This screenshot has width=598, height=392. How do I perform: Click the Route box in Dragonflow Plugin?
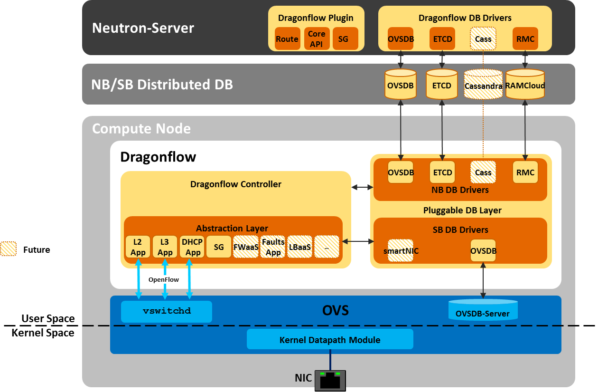(x=287, y=39)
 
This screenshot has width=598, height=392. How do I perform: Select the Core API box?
(x=317, y=39)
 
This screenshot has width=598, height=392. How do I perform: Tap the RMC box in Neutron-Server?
(x=525, y=39)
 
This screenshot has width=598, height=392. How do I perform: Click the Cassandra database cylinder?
(x=483, y=85)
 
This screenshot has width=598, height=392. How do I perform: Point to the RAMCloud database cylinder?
(x=525, y=85)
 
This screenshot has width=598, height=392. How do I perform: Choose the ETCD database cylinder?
(x=442, y=85)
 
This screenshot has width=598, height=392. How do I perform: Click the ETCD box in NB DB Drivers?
(x=442, y=172)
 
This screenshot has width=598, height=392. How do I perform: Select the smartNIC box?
(x=401, y=250)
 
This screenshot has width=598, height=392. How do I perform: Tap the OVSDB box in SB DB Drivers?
(x=483, y=250)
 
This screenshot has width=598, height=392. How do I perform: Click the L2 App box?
(x=138, y=247)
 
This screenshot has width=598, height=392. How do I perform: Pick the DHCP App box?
(x=192, y=247)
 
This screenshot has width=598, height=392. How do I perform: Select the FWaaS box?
(x=246, y=247)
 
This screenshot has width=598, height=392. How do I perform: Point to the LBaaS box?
(x=300, y=247)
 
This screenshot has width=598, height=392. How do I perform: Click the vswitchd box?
(x=167, y=311)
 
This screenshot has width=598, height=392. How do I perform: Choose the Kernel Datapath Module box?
(x=330, y=340)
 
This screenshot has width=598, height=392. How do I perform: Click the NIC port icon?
(x=330, y=380)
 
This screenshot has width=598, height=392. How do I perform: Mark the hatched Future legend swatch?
(x=9, y=249)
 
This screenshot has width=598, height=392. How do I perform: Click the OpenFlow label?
(x=164, y=279)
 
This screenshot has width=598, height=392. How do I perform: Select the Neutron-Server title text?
(x=143, y=28)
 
